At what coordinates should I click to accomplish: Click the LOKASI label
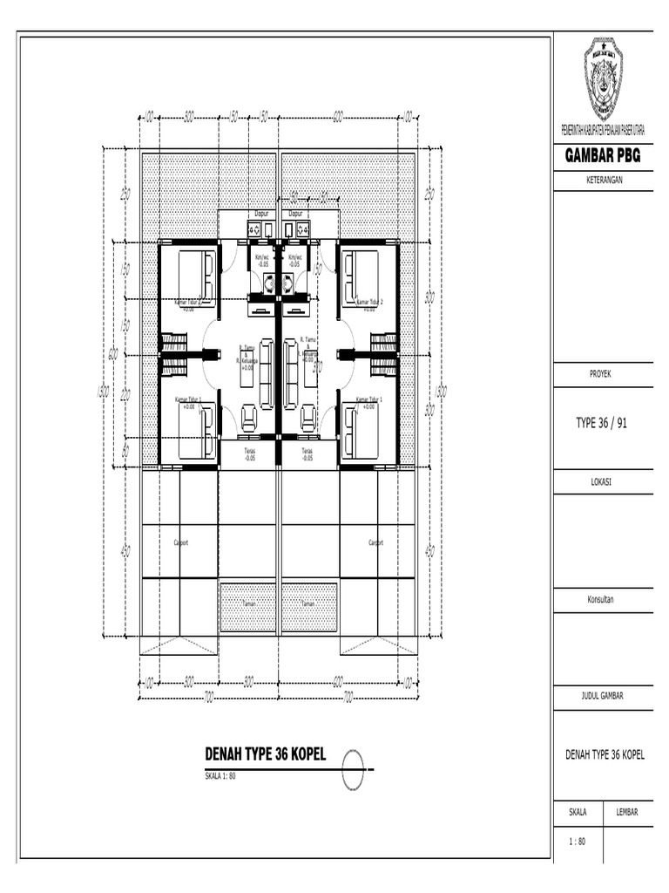pyautogui.click(x=603, y=481)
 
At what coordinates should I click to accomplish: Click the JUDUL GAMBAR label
pyautogui.click(x=603, y=695)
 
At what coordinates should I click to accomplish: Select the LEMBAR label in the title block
pyautogui.click(x=627, y=812)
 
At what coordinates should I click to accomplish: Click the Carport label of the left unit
pyautogui.click(x=182, y=542)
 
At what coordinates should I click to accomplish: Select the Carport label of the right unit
pyautogui.click(x=376, y=542)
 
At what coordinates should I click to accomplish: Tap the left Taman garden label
pyautogui.click(x=248, y=603)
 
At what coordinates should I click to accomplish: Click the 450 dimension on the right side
pyautogui.click(x=429, y=551)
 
